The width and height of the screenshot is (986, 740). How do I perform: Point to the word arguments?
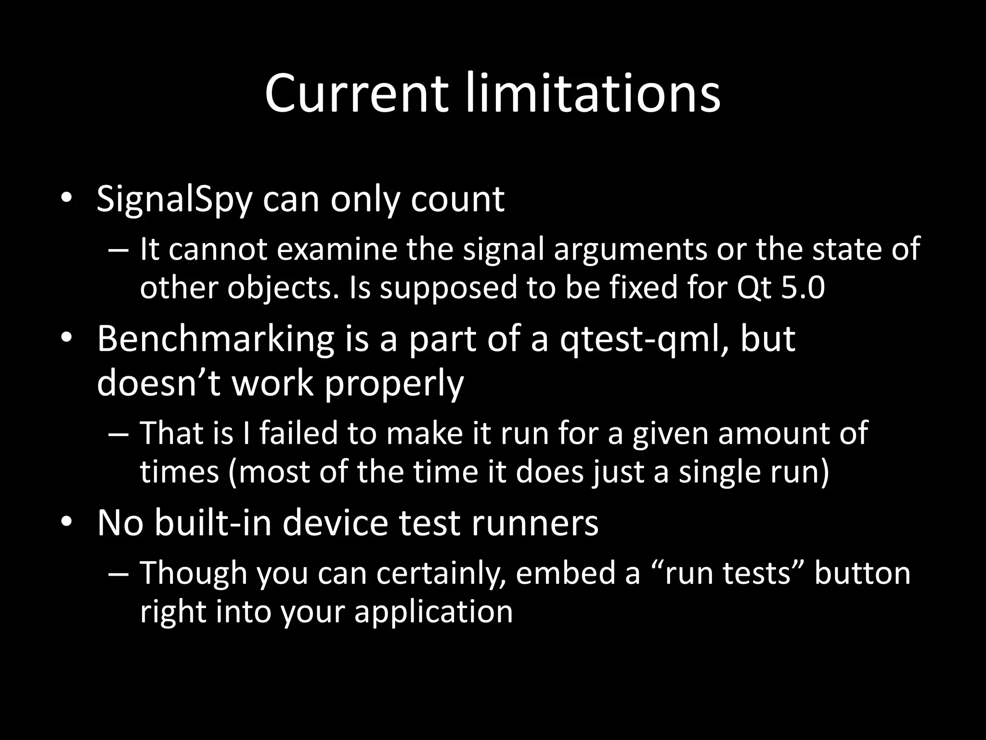(x=630, y=250)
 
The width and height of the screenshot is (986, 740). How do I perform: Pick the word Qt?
(x=753, y=288)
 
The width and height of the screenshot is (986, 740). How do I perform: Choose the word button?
(x=862, y=573)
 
